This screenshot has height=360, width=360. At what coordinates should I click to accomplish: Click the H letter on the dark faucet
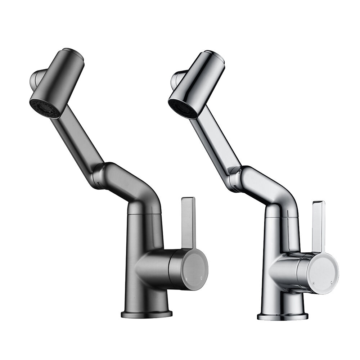186,279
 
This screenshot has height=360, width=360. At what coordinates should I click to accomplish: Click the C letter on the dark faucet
201,278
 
